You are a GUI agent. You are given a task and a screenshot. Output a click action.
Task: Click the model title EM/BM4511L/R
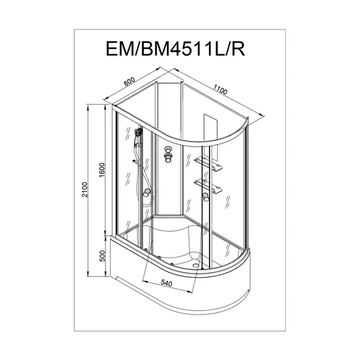click(x=176, y=49)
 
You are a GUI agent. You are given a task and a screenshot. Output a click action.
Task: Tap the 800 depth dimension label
click(x=129, y=81)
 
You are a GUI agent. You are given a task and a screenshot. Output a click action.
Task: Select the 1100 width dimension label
click(x=220, y=89)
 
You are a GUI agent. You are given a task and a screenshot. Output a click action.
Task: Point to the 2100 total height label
click(x=85, y=189)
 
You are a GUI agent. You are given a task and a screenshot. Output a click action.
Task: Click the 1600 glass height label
click(x=102, y=170)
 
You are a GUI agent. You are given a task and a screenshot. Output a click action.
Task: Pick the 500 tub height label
click(x=102, y=256)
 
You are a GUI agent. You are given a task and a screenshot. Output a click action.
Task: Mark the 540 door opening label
click(x=166, y=283)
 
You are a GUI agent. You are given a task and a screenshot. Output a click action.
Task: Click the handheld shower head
click(x=138, y=132)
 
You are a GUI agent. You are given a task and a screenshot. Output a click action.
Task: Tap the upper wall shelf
click(x=208, y=164)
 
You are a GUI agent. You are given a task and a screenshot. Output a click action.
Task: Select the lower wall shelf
click(x=208, y=186)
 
